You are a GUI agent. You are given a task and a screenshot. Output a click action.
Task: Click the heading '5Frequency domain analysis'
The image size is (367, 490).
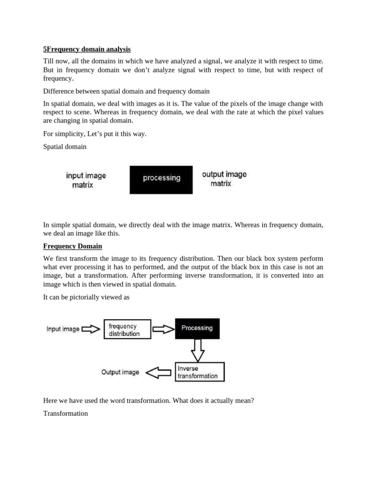(86, 49)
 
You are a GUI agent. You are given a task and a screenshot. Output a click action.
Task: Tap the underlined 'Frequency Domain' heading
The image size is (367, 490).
(73, 246)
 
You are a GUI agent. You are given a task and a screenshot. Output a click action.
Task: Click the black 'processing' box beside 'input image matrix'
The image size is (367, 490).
(161, 179)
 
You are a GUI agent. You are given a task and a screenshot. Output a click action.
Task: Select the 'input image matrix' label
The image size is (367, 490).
(86, 180)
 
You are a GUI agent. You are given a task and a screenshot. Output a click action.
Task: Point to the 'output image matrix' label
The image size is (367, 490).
(224, 178)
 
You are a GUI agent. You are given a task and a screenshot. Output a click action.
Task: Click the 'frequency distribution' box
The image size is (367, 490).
(127, 329)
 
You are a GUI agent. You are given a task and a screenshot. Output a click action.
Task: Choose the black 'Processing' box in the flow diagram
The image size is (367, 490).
(197, 328)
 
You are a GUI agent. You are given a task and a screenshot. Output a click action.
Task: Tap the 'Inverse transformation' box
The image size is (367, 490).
(200, 372)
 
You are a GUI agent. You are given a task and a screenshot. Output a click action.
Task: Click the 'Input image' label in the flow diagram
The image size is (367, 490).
(63, 329)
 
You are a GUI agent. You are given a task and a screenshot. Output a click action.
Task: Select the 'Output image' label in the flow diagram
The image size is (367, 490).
(120, 372)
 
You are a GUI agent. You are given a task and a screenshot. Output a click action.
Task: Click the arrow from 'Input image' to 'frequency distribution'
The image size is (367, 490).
(91, 329)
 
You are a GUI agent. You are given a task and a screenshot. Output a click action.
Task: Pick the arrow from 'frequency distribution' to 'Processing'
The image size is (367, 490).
(163, 329)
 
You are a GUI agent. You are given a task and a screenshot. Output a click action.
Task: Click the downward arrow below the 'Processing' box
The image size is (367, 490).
(197, 351)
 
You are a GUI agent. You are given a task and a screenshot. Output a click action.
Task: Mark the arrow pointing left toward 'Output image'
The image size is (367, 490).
(158, 373)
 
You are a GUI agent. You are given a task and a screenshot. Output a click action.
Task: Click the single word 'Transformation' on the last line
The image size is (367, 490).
(65, 413)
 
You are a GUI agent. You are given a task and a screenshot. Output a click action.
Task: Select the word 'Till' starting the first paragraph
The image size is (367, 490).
(49, 61)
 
